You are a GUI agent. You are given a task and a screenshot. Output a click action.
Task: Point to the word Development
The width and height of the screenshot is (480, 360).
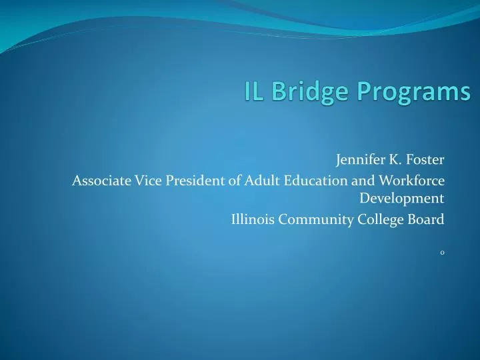(402, 198)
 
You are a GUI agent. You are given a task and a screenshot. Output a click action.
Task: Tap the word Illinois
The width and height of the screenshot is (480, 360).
(252, 219)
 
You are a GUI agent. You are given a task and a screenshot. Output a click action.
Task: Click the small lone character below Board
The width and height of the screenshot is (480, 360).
(442, 252)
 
